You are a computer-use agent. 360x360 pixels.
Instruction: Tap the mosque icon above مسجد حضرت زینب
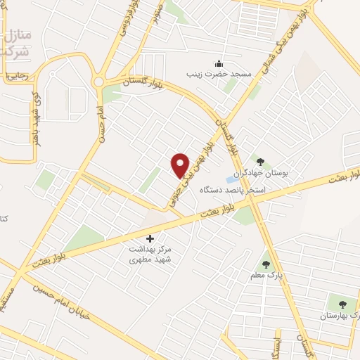(x=219, y=63)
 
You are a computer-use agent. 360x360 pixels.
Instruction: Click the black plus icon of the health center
(x=150, y=238)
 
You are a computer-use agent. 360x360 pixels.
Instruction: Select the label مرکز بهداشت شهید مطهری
(x=150, y=255)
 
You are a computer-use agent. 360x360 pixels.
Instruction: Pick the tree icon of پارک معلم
(x=265, y=264)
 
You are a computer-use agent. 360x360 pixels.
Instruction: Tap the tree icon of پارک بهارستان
(x=342, y=304)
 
